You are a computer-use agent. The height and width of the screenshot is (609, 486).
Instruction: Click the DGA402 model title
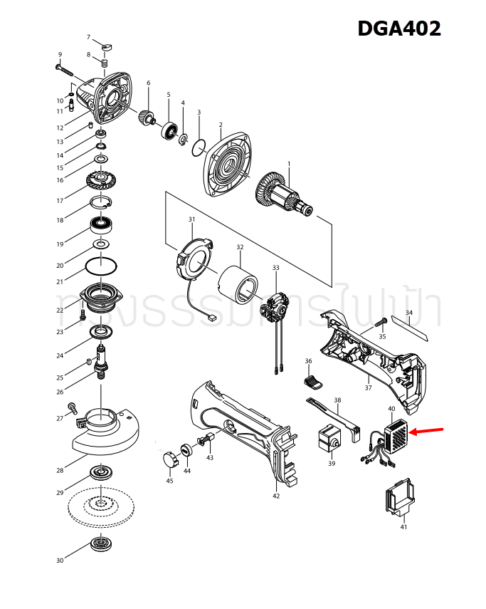tap(398, 28)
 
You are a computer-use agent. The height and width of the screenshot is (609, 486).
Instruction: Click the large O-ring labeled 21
tap(102, 266)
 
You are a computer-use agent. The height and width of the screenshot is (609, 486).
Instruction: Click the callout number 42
tap(276, 496)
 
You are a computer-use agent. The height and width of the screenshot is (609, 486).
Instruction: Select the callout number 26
tap(60, 392)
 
